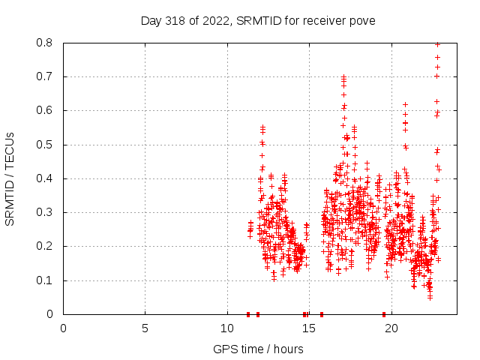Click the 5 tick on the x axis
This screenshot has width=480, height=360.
point(145,328)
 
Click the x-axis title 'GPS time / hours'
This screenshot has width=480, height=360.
point(258,349)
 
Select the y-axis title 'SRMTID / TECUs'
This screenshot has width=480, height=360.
point(10,178)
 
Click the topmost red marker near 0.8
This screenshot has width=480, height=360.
point(437,44)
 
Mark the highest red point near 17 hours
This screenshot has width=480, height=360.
point(343,76)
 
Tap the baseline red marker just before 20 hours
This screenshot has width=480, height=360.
point(384,314)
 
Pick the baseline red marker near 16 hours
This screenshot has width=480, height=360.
point(322,314)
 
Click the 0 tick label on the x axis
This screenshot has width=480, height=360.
point(63,328)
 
